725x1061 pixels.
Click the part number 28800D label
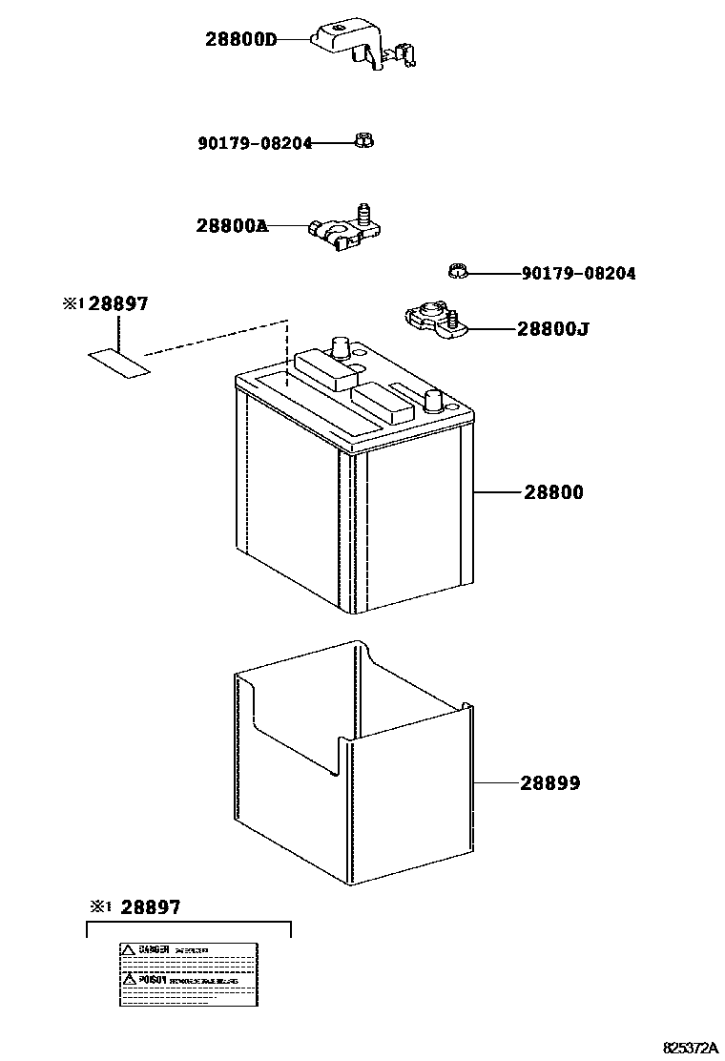pyautogui.click(x=240, y=39)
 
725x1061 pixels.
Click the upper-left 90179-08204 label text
pyautogui.click(x=255, y=144)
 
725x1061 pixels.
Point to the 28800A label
pyautogui.click(x=232, y=226)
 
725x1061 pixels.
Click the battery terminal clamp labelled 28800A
pyautogui.click(x=344, y=230)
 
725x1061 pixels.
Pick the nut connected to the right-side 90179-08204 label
pyautogui.click(x=456, y=272)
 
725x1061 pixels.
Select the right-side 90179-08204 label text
pyautogui.click(x=578, y=274)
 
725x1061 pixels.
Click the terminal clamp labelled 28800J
pyautogui.click(x=430, y=320)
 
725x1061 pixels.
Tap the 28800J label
pyautogui.click(x=552, y=329)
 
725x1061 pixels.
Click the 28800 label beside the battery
pyautogui.click(x=553, y=493)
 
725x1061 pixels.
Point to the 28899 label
pyautogui.click(x=550, y=783)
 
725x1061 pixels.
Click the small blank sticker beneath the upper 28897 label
pyautogui.click(x=119, y=363)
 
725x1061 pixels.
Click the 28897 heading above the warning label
pyautogui.click(x=149, y=907)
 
